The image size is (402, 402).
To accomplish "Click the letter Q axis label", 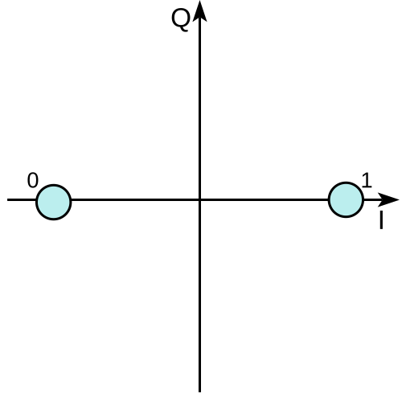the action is pyautogui.click(x=181, y=20).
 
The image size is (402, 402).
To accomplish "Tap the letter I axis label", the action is pyautogui.click(x=381, y=219).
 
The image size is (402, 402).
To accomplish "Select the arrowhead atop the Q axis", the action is pyautogui.click(x=199, y=10).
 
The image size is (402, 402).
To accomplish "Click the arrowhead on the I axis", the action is pyautogui.click(x=388, y=199).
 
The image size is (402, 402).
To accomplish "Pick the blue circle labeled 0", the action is pyautogui.click(x=54, y=202).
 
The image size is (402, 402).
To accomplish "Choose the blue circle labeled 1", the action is pyautogui.click(x=346, y=199).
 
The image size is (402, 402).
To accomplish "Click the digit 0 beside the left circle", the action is pyautogui.click(x=33, y=180).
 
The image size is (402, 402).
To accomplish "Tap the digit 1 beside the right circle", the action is pyautogui.click(x=367, y=180).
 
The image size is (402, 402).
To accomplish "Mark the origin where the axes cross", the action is pyautogui.click(x=199, y=199).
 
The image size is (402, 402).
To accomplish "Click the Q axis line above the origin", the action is pyautogui.click(x=199, y=109).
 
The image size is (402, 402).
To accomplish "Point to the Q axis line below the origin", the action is pyautogui.click(x=199, y=297).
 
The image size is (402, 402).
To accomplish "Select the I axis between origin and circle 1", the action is pyautogui.click(x=265, y=199).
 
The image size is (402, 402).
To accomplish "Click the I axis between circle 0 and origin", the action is pyautogui.click(x=135, y=199).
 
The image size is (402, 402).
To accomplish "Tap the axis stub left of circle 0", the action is pyautogui.click(x=22, y=199).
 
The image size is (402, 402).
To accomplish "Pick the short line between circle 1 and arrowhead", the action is pyautogui.click(x=371, y=199).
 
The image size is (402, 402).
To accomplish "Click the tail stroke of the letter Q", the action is pyautogui.click(x=185, y=28).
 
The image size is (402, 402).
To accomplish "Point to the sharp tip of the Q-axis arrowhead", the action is pyautogui.click(x=199, y=1).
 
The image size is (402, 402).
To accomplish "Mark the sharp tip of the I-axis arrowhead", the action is pyautogui.click(x=399, y=199).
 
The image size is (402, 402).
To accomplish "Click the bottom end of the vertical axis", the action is pyautogui.click(x=199, y=392).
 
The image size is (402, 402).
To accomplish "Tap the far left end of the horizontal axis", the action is pyautogui.click(x=7, y=199).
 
